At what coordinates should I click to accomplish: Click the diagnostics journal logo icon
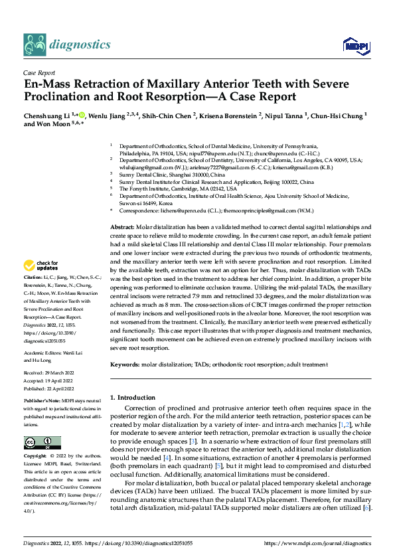pyautogui.click(x=34, y=44)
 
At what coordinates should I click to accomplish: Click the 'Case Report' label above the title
pyautogui.click(x=39, y=73)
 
